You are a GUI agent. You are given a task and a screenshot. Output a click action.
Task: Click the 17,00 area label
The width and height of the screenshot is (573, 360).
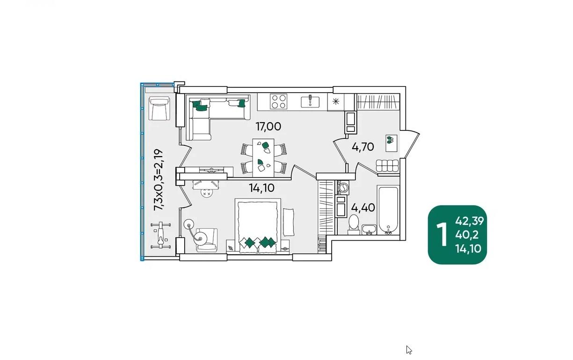[268, 127]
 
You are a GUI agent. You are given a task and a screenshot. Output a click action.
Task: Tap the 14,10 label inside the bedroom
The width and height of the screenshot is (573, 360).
[261, 188]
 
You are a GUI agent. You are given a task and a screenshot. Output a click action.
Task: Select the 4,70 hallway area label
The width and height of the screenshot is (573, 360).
[363, 147]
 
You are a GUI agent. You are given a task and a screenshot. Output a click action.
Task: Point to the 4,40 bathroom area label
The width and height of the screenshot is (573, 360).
[363, 208]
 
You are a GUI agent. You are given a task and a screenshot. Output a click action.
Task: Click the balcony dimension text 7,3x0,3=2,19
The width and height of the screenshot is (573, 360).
[159, 180]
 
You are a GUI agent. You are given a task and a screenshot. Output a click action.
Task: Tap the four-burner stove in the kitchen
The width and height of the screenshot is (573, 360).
[279, 101]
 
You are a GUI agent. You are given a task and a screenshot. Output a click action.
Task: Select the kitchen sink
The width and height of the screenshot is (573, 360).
[310, 101]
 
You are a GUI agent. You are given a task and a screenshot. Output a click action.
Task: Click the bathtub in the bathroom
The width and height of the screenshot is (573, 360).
[388, 210]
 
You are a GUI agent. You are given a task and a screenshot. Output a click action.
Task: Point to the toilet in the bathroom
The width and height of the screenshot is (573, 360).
[354, 224]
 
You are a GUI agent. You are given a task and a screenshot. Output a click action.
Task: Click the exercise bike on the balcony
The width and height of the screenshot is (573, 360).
[160, 235]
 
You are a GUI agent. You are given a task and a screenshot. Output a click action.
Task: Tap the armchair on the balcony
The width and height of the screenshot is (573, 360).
[160, 108]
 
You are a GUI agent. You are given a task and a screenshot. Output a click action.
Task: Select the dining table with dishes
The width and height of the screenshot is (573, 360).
[263, 158]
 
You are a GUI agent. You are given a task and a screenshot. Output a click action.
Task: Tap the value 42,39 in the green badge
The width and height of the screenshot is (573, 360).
[470, 221]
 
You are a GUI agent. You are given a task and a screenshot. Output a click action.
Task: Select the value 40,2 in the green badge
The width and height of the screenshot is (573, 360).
[467, 235]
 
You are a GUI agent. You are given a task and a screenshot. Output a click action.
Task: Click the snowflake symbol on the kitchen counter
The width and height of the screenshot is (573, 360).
[336, 102]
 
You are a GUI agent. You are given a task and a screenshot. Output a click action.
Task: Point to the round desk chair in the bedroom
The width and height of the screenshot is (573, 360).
[206, 193]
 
